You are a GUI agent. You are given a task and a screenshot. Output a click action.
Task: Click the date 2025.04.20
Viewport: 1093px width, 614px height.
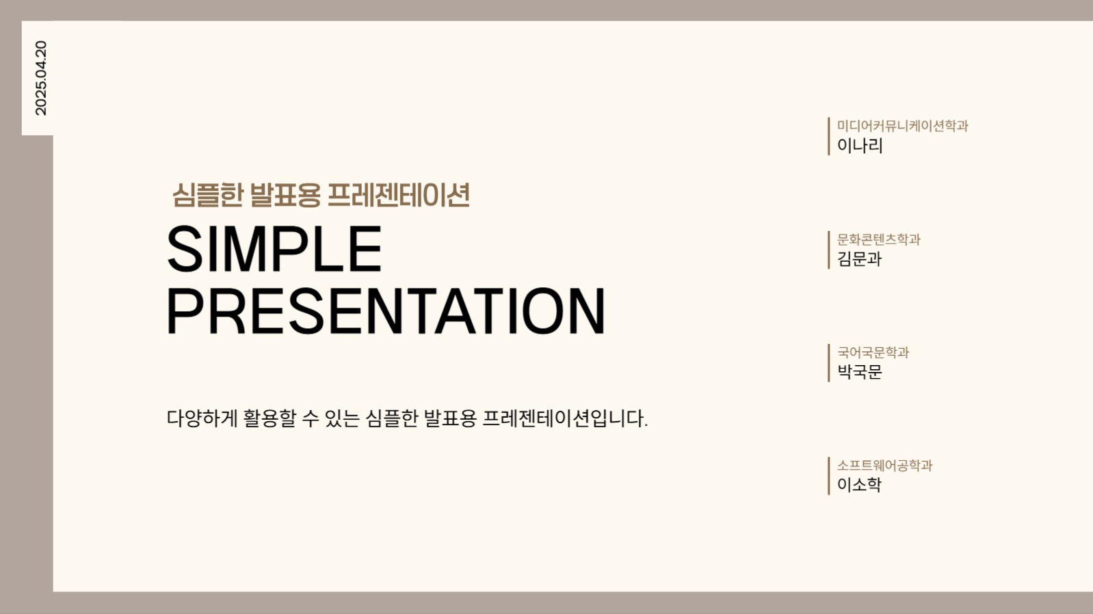click(x=40, y=78)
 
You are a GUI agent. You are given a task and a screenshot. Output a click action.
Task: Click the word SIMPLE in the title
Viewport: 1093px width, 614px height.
click(x=274, y=250)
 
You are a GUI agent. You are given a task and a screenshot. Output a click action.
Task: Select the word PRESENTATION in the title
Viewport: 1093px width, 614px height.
click(x=386, y=312)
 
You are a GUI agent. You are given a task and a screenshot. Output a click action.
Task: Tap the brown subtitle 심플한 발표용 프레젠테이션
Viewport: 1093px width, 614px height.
click(x=321, y=196)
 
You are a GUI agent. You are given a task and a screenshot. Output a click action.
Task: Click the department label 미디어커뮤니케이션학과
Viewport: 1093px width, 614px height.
click(x=902, y=126)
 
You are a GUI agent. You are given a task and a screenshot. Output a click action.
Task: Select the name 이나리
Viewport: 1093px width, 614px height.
click(x=860, y=146)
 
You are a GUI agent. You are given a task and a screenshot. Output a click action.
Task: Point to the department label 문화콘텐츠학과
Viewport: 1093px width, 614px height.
click(x=878, y=239)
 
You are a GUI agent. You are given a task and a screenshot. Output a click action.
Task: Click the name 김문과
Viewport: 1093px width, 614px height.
click(x=860, y=259)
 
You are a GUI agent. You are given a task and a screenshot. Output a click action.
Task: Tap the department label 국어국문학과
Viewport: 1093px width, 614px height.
click(x=873, y=353)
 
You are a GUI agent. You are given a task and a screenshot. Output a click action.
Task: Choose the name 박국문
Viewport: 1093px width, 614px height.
click(x=860, y=372)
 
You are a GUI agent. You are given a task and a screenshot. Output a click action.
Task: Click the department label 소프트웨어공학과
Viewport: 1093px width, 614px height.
click(x=884, y=466)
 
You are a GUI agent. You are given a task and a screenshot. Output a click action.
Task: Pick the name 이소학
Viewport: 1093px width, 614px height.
click(x=860, y=485)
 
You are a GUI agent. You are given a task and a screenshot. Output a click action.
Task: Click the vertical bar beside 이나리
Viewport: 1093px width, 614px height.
click(x=828, y=136)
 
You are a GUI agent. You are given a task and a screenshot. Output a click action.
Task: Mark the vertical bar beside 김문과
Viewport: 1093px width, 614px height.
click(x=828, y=250)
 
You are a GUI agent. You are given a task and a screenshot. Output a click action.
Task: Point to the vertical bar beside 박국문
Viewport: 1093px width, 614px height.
click(x=828, y=362)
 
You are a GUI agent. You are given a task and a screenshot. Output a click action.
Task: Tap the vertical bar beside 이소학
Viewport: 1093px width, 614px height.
click(x=828, y=476)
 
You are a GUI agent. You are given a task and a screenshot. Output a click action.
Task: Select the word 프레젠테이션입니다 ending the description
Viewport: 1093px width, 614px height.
click(x=564, y=418)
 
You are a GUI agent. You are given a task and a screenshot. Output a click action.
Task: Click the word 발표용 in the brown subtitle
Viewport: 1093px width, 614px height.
click(x=285, y=196)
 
